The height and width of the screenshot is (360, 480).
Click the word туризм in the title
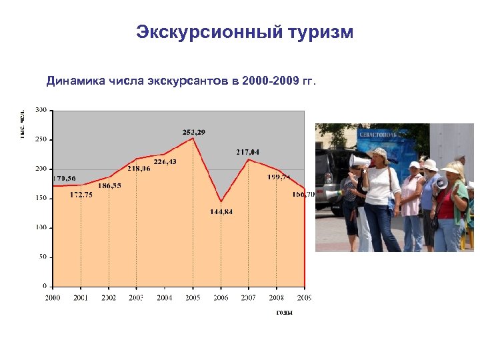[319, 32]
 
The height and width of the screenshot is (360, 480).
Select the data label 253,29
[193, 132]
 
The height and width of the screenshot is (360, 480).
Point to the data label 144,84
[221, 211]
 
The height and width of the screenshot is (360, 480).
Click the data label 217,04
[247, 152]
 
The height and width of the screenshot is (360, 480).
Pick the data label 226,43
[165, 162]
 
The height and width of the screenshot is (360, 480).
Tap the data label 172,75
[81, 194]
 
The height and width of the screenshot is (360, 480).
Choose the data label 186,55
[109, 185]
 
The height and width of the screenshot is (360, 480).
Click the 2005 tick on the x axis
[193, 297]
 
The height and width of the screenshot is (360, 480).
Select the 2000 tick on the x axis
[53, 297]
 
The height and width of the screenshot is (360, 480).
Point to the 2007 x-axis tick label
[248, 297]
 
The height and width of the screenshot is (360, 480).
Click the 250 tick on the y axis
[41, 139]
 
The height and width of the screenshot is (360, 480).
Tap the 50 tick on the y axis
[43, 257]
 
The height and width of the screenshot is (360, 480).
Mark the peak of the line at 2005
[193, 138]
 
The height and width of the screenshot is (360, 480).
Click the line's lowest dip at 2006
[221, 201]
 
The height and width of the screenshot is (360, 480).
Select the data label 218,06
[139, 169]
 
